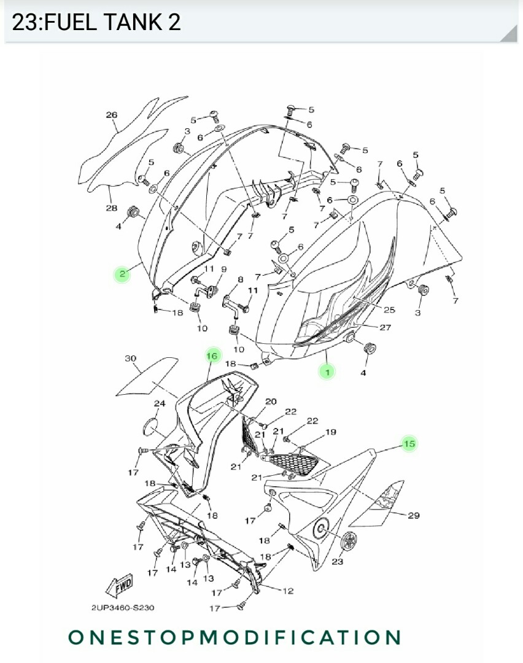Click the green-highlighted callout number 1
pos(327,371)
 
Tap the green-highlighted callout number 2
pos(122,274)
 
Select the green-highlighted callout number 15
pos(409,443)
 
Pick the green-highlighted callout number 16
pos(212,355)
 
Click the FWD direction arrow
pos(120,586)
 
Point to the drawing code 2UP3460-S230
pos(123,608)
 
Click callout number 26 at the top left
pos(111,115)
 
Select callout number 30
pos(131,358)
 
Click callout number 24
pos(160,403)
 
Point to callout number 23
pos(337,562)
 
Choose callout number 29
pos(413,515)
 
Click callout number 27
pos(385,327)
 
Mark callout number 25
pos(389,309)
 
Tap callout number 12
pos(287,591)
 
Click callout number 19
pos(331,432)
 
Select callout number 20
pos(271,401)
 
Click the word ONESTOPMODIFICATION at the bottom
pos(234,637)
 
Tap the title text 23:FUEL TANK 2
pos(96,23)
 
